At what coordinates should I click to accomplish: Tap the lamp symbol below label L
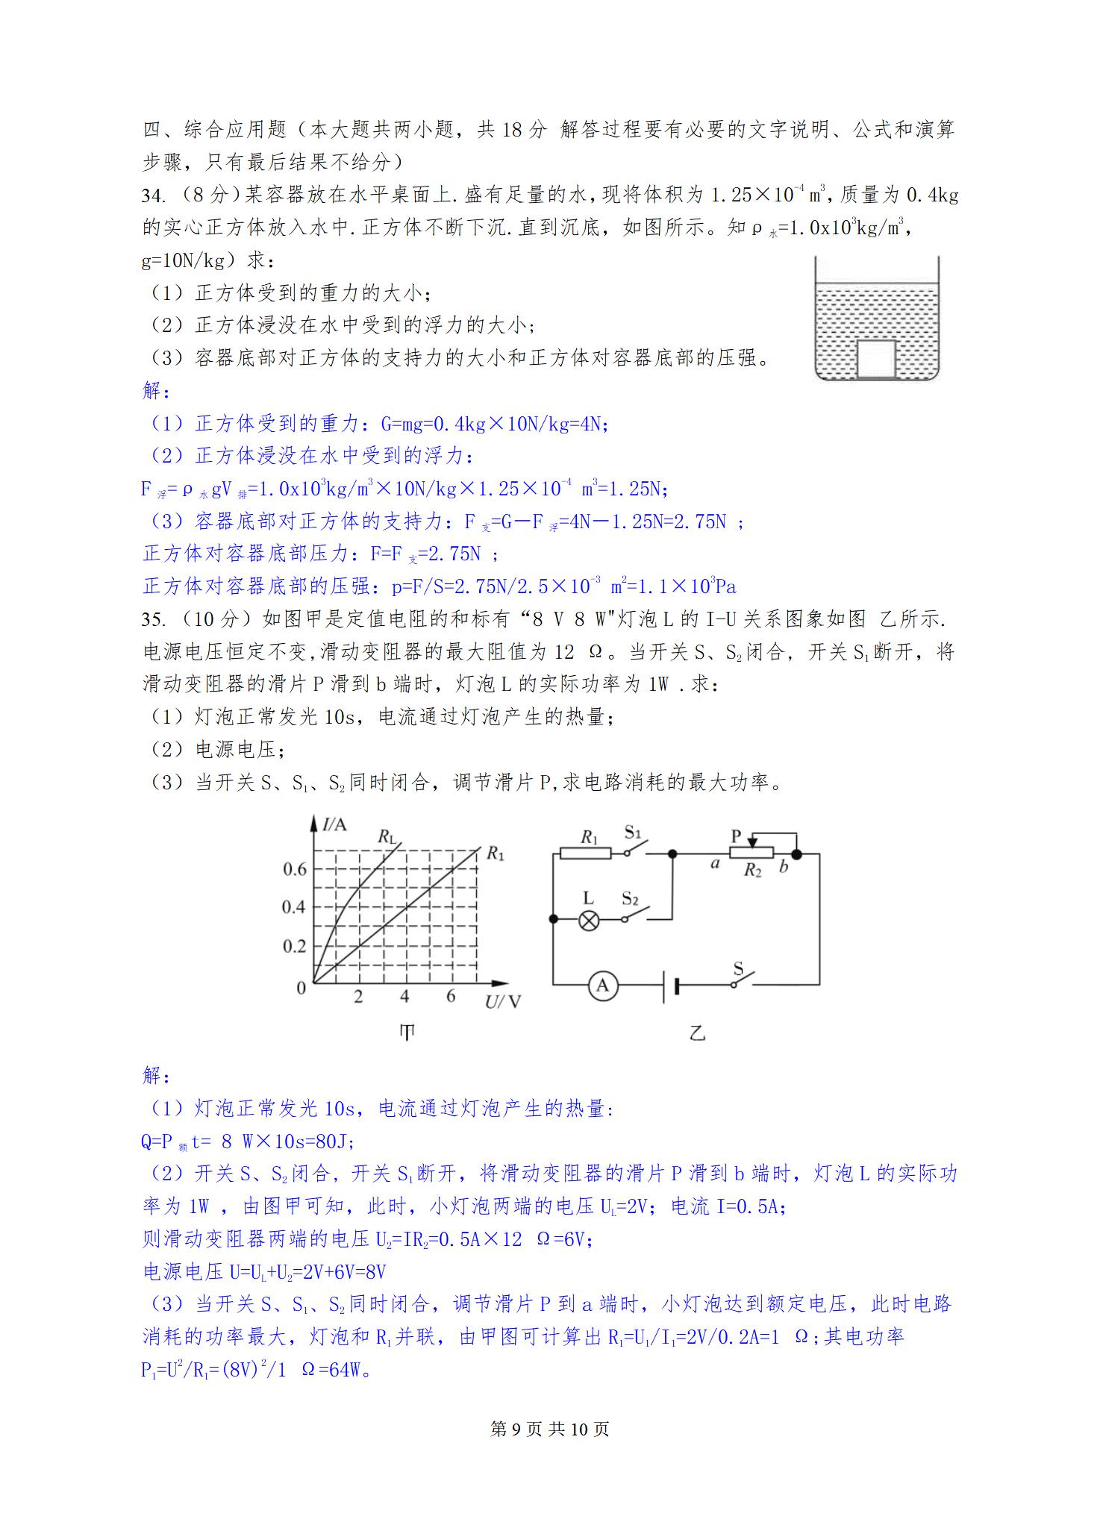(x=590, y=920)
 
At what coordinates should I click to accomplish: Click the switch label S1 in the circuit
(x=634, y=832)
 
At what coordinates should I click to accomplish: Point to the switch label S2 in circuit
(x=631, y=898)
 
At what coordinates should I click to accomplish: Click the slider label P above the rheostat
(x=736, y=836)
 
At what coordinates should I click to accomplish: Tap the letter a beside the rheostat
(x=715, y=865)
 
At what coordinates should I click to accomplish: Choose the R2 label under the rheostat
(x=752, y=871)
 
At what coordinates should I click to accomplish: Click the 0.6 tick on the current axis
(x=295, y=869)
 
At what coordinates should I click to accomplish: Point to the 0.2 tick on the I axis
(x=295, y=946)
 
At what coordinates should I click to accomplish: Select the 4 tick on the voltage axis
(x=404, y=997)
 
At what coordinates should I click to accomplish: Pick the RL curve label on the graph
(x=387, y=836)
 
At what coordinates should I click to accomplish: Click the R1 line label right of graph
(x=495, y=853)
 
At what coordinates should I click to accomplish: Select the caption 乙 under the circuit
(x=697, y=1033)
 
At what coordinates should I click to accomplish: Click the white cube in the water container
(x=876, y=359)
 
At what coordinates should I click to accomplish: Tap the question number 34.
(x=153, y=195)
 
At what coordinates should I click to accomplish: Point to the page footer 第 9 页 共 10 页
(x=550, y=1429)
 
